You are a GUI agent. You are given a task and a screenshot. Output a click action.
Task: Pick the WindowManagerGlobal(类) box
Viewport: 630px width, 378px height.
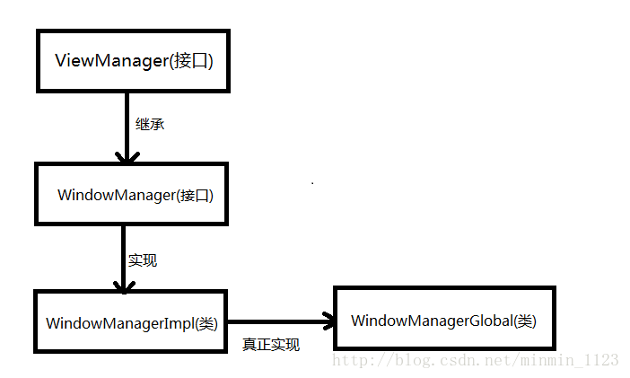coord(444,319)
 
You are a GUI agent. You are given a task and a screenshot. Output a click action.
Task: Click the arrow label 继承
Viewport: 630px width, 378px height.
coord(150,124)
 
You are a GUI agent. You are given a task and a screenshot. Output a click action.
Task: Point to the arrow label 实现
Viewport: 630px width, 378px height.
coord(142,260)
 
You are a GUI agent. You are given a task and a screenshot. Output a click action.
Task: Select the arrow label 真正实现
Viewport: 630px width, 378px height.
coord(270,344)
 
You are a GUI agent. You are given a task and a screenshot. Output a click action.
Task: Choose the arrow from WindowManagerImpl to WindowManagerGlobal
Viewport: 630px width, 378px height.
coord(278,321)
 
